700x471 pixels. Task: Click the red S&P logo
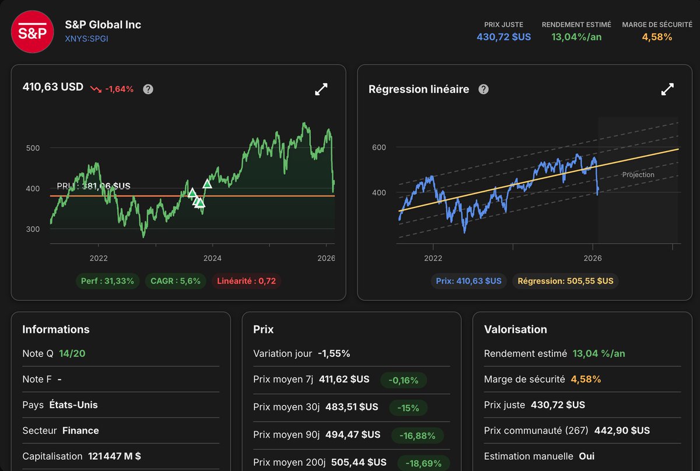coord(32,31)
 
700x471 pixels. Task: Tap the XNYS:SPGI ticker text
coord(86,39)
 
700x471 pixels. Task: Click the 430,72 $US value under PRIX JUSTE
coord(504,37)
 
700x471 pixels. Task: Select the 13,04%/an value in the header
coord(576,37)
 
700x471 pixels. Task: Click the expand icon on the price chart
coord(321,89)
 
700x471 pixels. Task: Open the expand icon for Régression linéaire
coord(667,89)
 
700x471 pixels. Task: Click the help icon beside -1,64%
coord(148,89)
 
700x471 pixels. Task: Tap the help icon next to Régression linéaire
coord(484,89)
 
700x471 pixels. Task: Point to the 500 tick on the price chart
coord(33,148)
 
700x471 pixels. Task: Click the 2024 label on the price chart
coord(212,258)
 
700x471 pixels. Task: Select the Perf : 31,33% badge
coord(107,281)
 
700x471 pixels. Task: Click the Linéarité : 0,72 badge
coord(246,281)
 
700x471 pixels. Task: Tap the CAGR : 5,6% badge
coord(176,281)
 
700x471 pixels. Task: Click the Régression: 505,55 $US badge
coord(566,281)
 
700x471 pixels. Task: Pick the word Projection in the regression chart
coord(638,175)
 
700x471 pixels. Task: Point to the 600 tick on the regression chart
coord(379,147)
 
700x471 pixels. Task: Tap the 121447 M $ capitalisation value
coord(114,456)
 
